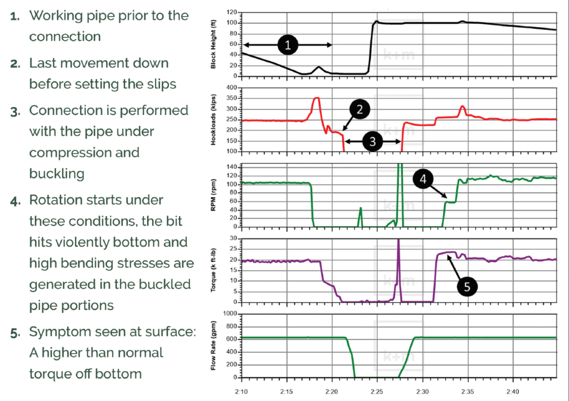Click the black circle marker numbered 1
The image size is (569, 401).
(287, 45)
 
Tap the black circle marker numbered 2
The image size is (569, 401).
(360, 109)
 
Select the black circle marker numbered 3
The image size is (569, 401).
(372, 142)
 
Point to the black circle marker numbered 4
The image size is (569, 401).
(423, 179)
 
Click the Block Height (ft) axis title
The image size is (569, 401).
(213, 44)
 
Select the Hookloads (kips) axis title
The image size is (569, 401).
(213, 119)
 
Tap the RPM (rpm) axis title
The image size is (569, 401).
(213, 196)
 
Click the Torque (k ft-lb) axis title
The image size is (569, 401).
(213, 270)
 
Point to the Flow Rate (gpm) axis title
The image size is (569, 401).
(213, 345)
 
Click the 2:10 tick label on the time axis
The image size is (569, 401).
(242, 393)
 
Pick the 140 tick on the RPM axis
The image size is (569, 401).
(232, 167)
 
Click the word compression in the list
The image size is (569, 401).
(68, 152)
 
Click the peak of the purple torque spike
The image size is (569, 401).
(398, 240)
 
